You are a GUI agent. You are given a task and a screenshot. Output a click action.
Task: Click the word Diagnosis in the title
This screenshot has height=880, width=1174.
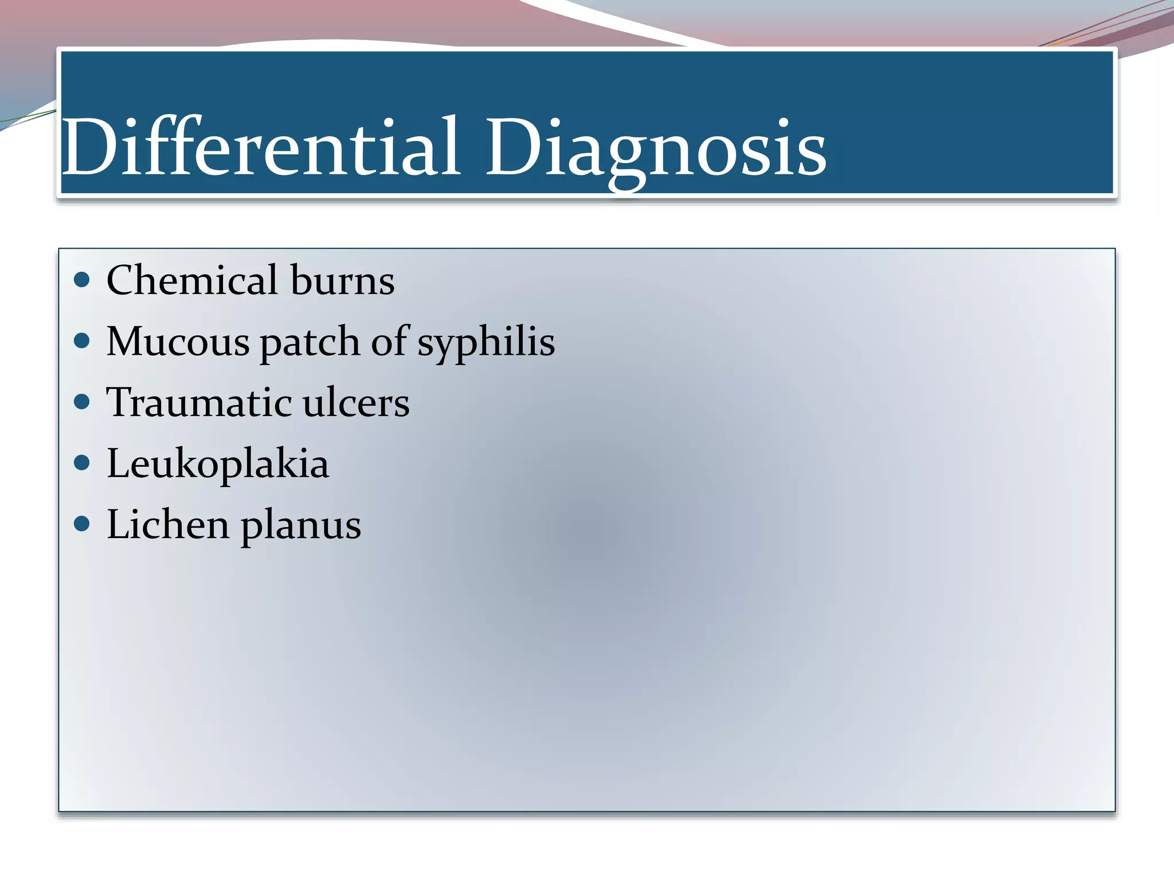pos(655,147)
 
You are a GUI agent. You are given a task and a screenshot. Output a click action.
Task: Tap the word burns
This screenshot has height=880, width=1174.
pos(342,280)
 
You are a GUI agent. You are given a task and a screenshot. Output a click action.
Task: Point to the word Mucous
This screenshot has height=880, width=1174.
pos(178,341)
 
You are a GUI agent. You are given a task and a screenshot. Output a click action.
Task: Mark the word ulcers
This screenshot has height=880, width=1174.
pos(356,402)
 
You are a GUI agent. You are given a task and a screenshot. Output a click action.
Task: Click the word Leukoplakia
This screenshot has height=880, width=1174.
pos(218,463)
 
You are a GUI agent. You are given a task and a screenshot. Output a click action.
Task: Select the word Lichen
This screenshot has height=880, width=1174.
pos(167,524)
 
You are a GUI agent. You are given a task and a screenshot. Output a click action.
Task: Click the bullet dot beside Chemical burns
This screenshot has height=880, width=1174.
pos(83,280)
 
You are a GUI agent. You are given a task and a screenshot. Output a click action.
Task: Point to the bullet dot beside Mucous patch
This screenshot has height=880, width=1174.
pos(83,341)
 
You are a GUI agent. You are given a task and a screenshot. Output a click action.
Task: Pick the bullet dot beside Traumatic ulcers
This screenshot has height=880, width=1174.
pos(83,402)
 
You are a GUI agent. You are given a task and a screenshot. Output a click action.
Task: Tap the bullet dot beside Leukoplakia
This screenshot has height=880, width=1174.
pos(83,463)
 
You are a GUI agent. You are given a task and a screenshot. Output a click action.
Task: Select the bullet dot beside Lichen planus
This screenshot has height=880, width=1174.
pos(83,524)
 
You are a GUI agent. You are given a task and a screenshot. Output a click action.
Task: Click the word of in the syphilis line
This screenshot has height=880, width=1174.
pos(392,341)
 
